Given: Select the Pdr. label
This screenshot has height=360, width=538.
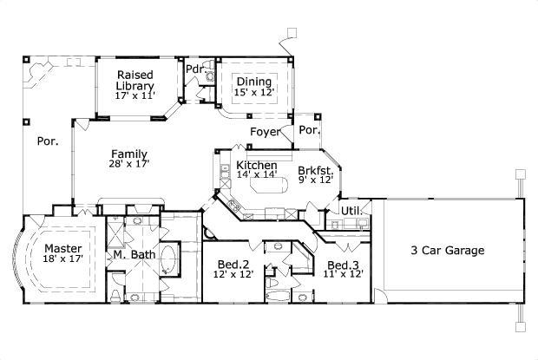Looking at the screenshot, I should point(194,69).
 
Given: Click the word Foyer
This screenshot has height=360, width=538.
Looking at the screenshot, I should point(265,132).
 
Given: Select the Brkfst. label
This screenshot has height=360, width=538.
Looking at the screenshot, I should point(315,170).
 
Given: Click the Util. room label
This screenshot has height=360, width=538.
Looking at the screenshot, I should point(350,210).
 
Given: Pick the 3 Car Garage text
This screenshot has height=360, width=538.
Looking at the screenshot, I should point(447,251).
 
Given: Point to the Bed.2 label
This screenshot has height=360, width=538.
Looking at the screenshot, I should point(231,264).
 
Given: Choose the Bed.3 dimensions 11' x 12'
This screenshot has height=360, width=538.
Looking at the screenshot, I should point(343,273).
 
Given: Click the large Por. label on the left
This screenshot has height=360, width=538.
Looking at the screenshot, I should point(47,141).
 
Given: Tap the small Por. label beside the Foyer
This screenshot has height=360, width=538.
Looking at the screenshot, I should point(309,130).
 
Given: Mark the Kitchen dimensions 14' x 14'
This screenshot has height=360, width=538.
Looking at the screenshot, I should point(257,173).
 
